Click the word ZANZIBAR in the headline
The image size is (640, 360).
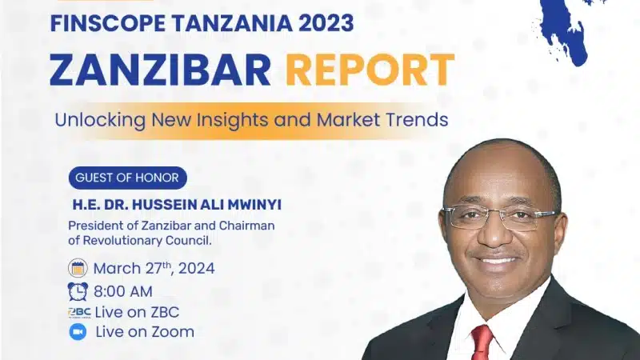tap(161, 70)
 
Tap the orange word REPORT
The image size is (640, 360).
tap(370, 70)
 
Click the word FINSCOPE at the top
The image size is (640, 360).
tap(109, 23)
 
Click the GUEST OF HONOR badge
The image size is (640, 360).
tap(127, 178)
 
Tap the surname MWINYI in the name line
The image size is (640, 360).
tap(254, 205)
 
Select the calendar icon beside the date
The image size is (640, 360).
tap(78, 268)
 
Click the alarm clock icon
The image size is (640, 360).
tap(78, 291)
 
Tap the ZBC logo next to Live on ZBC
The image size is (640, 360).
tap(79, 312)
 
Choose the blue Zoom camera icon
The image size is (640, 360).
tap(78, 332)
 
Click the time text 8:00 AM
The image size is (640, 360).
tap(123, 292)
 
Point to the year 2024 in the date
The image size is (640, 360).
tap(196, 269)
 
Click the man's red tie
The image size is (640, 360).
tap(482, 342)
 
